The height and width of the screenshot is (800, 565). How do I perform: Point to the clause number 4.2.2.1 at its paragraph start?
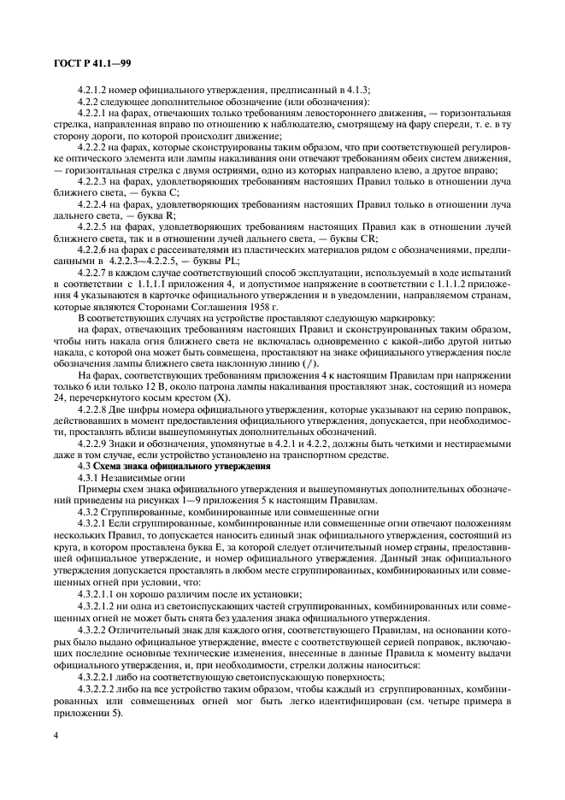(x=94, y=114)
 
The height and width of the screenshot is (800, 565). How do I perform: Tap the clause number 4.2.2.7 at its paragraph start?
(x=94, y=271)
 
